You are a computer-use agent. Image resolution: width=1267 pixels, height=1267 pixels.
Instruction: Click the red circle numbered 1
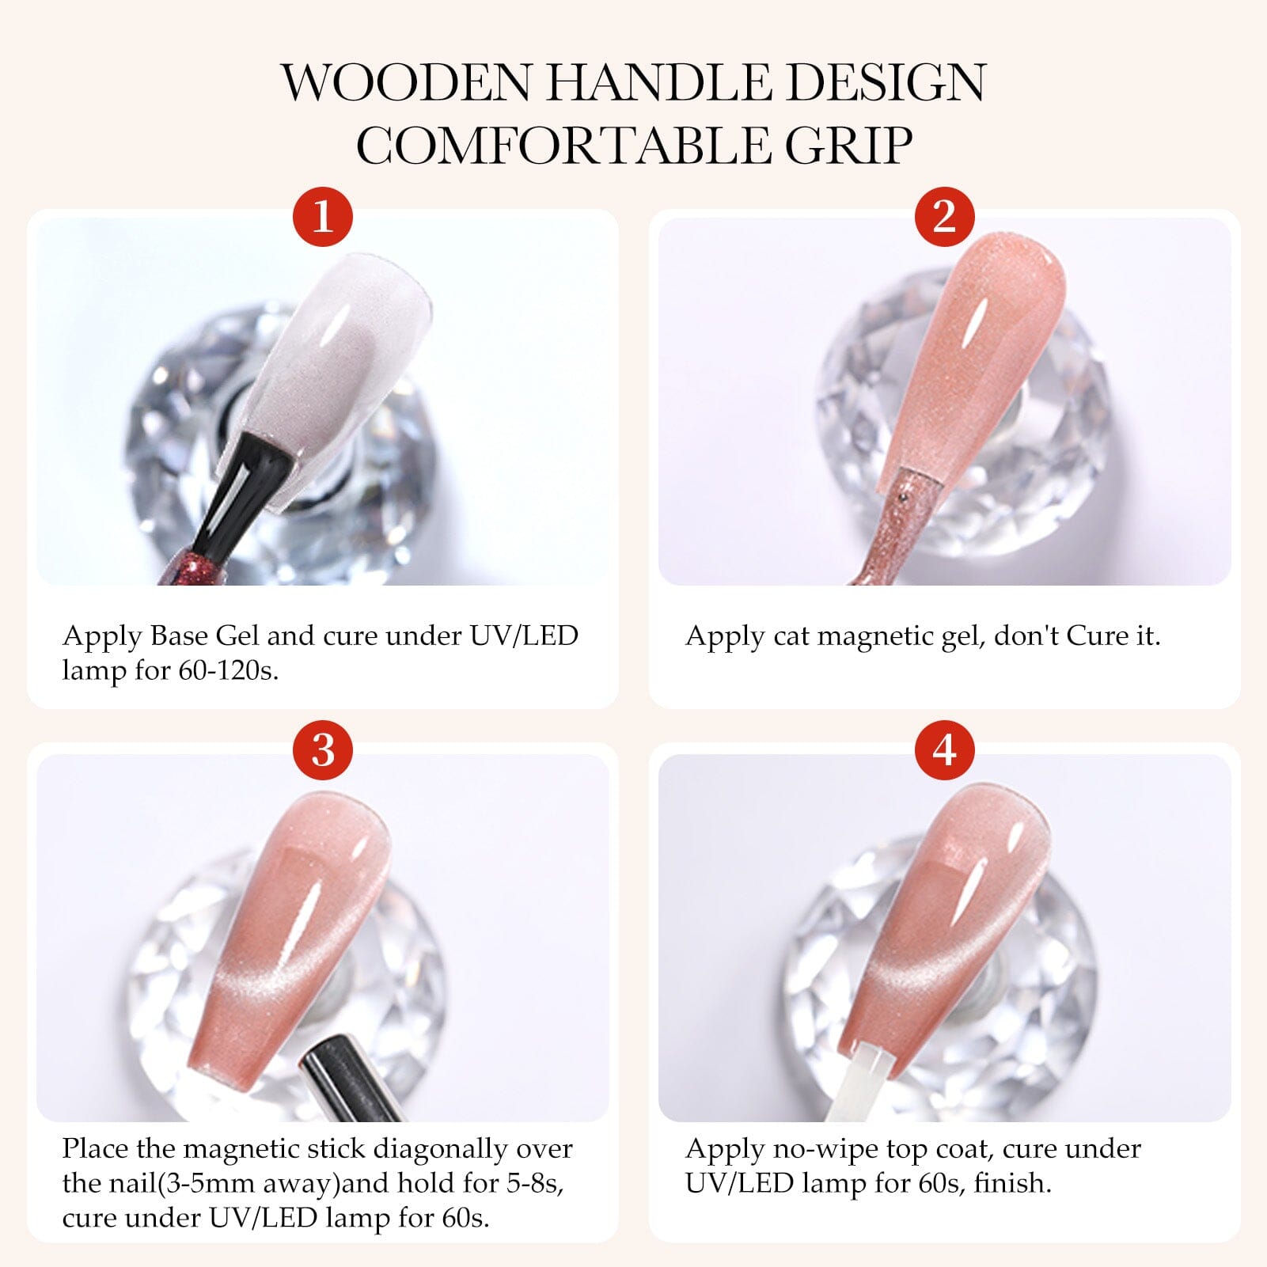pos(323,215)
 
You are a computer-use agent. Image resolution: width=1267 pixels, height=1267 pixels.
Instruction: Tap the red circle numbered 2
pos(944,215)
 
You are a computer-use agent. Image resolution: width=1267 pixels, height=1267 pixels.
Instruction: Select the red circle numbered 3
pos(323,749)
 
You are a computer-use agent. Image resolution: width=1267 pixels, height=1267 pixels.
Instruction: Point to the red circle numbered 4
pos(944,749)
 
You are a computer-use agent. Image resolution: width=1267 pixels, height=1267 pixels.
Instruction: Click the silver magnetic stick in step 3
pos(348,1079)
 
